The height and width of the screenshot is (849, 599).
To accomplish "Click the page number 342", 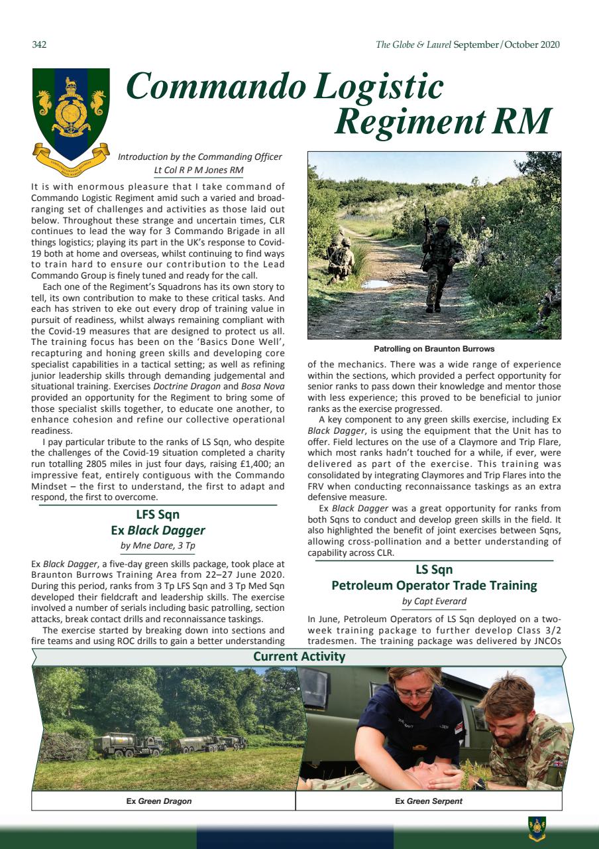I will coord(39,45).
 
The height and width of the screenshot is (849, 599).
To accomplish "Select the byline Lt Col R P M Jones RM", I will coord(198,170).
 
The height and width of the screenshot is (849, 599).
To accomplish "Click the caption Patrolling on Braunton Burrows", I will coord(434,349).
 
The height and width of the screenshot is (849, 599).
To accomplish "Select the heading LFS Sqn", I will coord(158,515).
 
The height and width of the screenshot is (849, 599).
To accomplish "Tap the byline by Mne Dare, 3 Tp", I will coord(158,547).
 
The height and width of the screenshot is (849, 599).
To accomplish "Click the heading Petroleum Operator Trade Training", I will coord(434,586).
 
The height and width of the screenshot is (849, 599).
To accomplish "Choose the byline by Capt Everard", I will coord(434,602).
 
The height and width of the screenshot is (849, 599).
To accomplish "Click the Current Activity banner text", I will coord(299,657).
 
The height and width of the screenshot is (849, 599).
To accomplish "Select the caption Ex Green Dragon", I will coord(159,801).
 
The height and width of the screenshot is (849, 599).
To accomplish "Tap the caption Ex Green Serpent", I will coord(429,801).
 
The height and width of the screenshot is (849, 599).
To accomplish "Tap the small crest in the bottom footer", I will coord(536,826).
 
